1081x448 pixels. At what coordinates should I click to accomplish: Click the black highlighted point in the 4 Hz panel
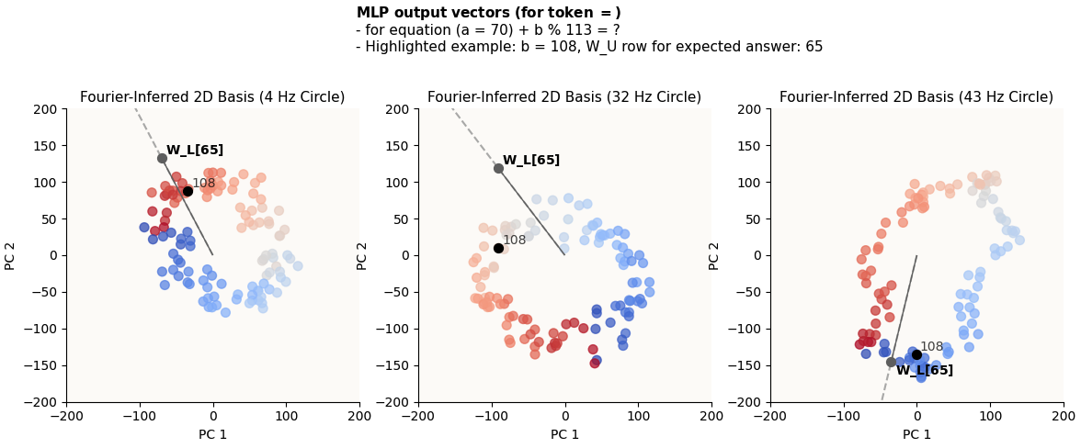(x=188, y=191)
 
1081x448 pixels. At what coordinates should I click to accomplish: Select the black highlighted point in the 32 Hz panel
(x=498, y=248)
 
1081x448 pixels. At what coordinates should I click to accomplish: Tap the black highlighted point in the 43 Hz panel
(x=916, y=354)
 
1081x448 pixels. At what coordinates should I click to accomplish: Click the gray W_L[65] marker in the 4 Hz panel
(x=162, y=158)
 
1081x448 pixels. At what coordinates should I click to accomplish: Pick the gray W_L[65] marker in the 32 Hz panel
(x=498, y=168)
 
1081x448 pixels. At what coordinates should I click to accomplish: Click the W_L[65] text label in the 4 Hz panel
(x=195, y=151)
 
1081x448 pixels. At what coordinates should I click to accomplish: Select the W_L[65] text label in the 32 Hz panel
(x=531, y=161)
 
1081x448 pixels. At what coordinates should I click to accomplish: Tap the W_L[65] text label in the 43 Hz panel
(x=925, y=371)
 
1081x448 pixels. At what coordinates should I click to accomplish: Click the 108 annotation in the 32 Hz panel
(x=515, y=241)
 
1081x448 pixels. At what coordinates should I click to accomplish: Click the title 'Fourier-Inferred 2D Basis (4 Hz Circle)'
(x=212, y=97)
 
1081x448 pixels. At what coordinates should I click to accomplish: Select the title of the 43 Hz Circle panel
(x=916, y=97)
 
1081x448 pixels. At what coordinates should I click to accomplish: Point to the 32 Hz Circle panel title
(x=564, y=97)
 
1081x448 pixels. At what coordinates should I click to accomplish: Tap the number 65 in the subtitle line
(x=813, y=47)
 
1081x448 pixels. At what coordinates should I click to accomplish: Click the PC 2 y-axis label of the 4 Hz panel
(x=11, y=255)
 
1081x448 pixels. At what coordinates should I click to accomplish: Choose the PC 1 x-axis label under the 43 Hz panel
(x=916, y=434)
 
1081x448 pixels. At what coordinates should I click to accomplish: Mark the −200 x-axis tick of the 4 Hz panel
(x=66, y=416)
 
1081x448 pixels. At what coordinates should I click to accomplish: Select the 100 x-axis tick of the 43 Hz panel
(x=990, y=416)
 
